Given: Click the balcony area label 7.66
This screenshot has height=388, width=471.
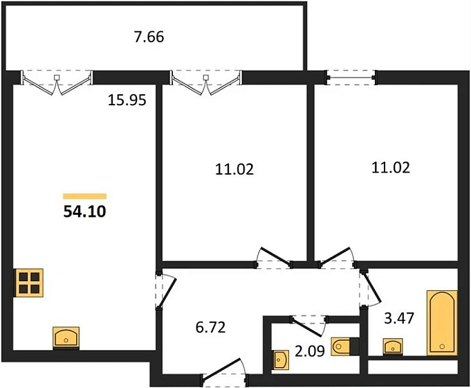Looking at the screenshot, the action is point(149,37).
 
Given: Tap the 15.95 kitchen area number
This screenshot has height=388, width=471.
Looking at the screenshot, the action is point(127,100).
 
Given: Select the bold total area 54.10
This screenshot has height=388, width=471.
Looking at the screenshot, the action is point(84,211).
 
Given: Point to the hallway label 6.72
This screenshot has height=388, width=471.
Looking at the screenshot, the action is point(210,327).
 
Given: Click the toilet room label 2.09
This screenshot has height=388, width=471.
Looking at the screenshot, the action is point(310,351).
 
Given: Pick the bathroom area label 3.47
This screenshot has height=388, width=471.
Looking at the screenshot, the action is point(399,318).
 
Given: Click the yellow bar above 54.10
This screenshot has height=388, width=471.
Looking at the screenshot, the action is point(84,196).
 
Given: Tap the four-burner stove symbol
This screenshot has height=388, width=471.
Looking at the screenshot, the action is point(29,283).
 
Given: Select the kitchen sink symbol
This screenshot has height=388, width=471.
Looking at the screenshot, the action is point(66,337).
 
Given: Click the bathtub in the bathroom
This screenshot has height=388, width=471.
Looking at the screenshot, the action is point(442,323).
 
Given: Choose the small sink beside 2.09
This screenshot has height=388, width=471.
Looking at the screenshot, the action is point(281,360).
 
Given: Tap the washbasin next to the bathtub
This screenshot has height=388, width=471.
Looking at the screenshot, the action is point(393,346).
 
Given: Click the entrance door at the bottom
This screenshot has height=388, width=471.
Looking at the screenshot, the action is point(225,373).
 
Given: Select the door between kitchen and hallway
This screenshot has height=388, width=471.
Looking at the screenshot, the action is point(166,290).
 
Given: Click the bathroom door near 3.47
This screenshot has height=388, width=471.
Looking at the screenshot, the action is point(370,288).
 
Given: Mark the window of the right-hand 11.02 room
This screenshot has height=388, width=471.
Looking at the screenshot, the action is point(351,78).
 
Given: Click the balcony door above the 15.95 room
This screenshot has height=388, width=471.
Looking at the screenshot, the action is point(57,82).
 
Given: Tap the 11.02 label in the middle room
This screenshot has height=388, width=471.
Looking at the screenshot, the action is point(234,169).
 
